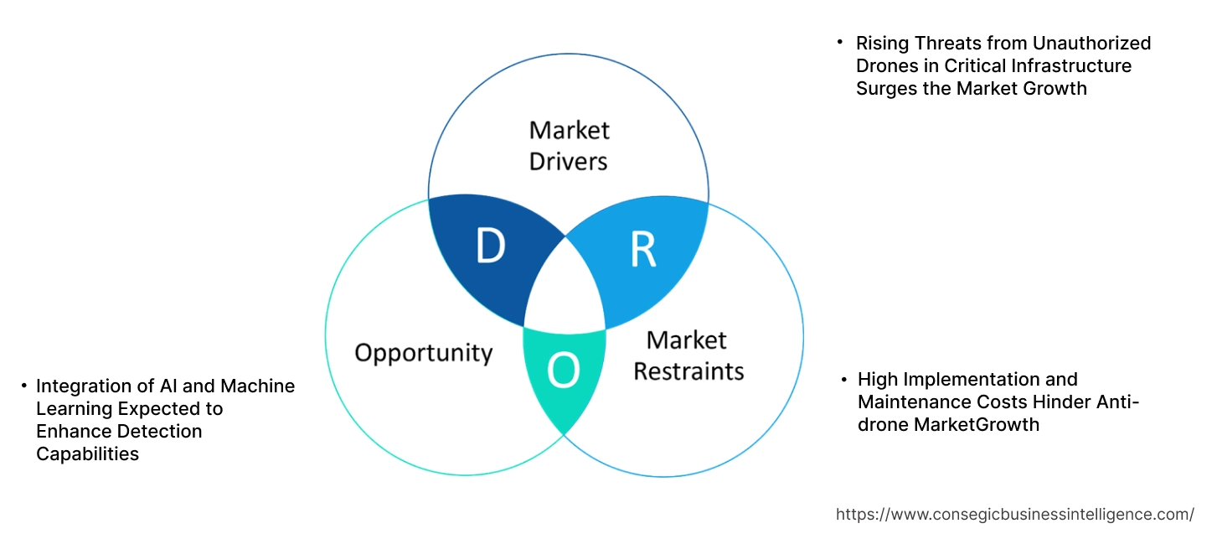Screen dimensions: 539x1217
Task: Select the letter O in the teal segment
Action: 563,372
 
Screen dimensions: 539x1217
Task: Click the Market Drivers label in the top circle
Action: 569,145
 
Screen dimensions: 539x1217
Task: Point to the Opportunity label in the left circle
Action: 423,352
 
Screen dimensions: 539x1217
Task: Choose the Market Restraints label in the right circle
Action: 688,355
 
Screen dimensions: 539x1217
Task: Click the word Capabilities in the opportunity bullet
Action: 87,454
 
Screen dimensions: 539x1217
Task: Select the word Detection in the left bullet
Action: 160,432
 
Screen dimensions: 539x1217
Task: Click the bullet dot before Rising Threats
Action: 840,42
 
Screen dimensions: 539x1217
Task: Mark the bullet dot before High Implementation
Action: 843,379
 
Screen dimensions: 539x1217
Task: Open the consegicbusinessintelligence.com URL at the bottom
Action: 1014,515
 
